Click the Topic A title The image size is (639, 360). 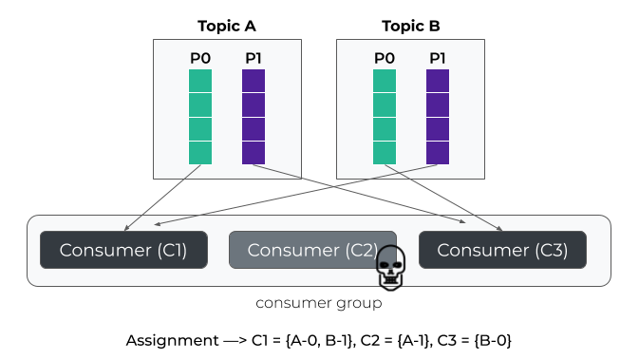pos(227,26)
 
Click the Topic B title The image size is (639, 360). pos(411,26)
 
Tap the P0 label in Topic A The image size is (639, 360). pos(200,58)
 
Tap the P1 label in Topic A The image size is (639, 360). pos(254,58)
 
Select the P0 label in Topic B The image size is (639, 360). pos(385,58)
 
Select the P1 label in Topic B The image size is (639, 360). pos(438,58)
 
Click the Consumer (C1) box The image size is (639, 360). pos(123,250)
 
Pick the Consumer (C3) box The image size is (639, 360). pos(502,250)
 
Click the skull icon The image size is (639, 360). pos(390,268)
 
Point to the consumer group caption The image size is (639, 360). pos(319,303)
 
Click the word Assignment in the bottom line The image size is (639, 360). pos(172,340)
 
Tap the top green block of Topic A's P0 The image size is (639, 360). pos(200,81)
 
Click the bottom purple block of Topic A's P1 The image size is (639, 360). pos(254,153)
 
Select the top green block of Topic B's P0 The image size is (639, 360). pos(385,81)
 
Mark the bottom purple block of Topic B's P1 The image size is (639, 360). pos(438,153)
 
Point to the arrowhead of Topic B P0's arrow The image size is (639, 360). pos(500,230)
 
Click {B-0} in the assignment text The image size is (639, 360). pos(493,340)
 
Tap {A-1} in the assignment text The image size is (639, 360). pos(415,340)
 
